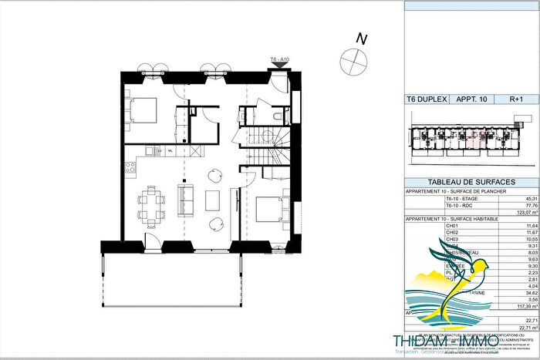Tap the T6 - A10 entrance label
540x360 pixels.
point(279,59)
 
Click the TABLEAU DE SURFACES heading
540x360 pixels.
point(471,180)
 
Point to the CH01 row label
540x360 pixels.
point(420,225)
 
